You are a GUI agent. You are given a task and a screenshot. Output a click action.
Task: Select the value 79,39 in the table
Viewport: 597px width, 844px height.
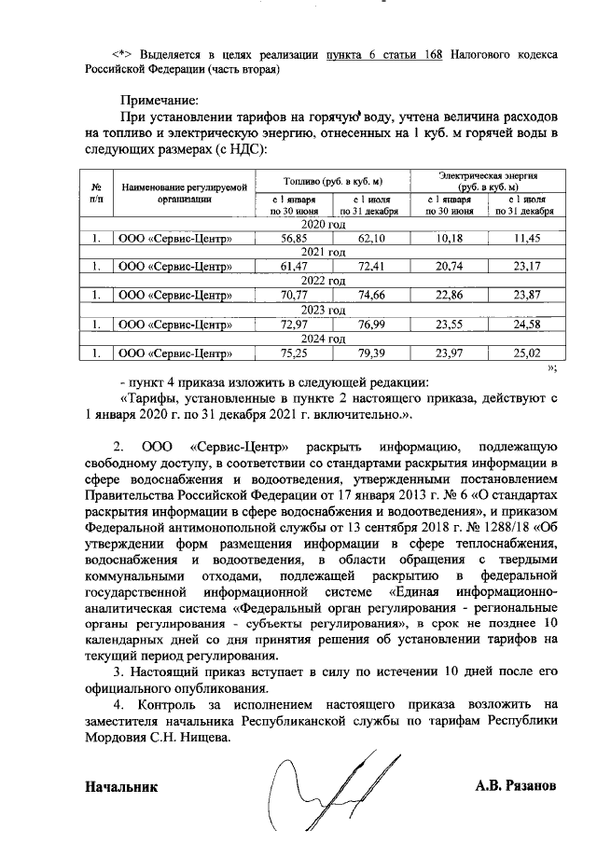point(372,353)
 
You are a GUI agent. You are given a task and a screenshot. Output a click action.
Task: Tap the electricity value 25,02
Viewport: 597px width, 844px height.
point(527,353)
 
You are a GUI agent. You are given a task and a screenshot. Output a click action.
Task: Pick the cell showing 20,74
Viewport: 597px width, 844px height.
point(450,268)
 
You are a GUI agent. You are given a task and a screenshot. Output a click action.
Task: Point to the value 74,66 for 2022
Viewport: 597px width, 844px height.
point(372,297)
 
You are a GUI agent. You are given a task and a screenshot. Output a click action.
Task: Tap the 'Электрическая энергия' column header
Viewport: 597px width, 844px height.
point(488,174)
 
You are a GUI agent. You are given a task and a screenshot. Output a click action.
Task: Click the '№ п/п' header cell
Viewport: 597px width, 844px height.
point(96,192)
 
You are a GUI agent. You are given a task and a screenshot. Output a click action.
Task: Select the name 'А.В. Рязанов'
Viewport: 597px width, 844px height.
point(517,786)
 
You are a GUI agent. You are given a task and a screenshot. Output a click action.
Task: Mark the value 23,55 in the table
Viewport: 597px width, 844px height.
point(450,325)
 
